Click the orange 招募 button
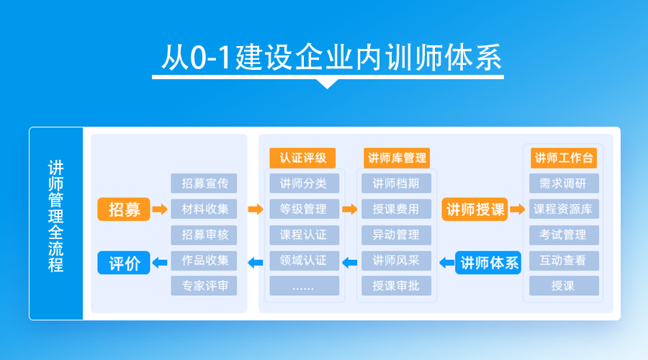tap(124, 209)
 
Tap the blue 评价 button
tap(124, 263)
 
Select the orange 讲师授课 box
tap(475, 209)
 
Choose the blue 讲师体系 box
tap(488, 263)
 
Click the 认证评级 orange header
tap(302, 158)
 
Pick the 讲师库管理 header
tap(397, 158)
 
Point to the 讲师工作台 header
tap(564, 158)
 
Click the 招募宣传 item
tap(204, 183)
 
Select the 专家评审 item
tap(204, 286)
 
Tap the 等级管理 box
tap(304, 209)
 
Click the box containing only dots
tap(304, 286)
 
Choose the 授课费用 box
tap(396, 209)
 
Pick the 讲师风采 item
tap(396, 261)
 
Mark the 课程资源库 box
tap(564, 209)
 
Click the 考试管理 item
tap(564, 235)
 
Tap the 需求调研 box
tap(564, 183)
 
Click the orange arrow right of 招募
tap(160, 209)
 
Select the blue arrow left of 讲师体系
tap(446, 263)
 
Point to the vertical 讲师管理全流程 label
tap(55, 216)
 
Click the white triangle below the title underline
tap(328, 84)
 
